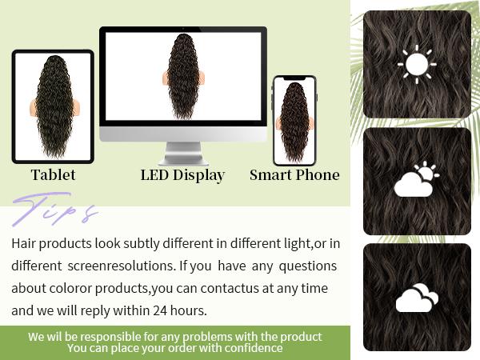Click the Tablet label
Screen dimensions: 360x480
tap(53, 174)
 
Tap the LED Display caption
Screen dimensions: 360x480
tap(182, 174)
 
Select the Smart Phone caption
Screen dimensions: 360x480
tap(294, 174)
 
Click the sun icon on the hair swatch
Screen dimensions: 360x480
tap(417, 65)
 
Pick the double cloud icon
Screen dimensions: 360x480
tap(417, 298)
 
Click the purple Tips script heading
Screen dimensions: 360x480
tap(54, 212)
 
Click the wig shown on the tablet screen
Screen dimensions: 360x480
tap(52, 106)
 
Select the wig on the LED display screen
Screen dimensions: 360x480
tap(183, 76)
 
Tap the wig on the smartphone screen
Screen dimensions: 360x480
tap(294, 120)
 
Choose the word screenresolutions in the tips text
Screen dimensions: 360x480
tap(125, 265)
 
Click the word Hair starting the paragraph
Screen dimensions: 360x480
tap(25, 242)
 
